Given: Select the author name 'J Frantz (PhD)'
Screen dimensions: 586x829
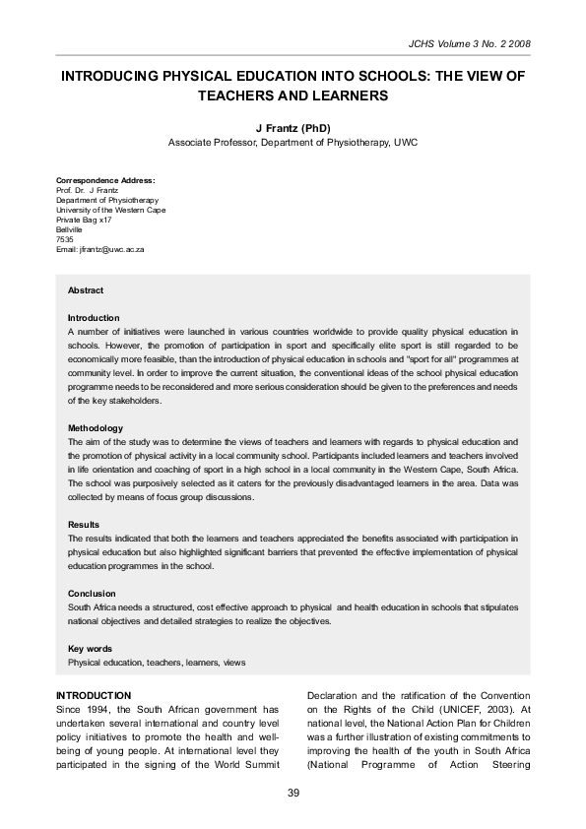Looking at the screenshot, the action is point(293,128).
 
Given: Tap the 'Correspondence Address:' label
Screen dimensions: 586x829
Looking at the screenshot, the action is point(105,180).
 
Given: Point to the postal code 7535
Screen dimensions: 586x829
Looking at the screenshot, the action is point(64,239).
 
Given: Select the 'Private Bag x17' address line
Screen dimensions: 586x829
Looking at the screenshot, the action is point(84,220).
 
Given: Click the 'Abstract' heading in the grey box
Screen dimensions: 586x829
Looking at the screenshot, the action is point(85,290).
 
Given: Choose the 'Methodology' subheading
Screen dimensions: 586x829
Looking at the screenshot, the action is point(95,428).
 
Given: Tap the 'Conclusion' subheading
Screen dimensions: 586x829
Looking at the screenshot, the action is point(92,594).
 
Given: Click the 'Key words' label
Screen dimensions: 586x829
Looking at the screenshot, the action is point(89,649).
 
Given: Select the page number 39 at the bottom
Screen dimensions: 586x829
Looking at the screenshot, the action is point(293,794).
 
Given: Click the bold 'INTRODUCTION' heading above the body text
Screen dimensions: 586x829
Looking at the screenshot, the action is point(94,695).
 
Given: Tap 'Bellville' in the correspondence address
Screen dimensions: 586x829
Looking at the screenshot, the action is point(69,229).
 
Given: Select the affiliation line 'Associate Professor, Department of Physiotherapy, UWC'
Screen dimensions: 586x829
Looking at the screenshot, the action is point(293,143).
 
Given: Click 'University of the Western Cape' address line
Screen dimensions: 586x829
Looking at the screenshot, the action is point(110,210).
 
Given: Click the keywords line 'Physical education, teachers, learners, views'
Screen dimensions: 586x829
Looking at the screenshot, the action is point(156,664).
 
